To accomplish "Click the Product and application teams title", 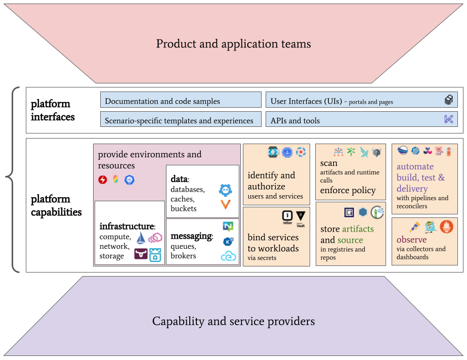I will [233, 44].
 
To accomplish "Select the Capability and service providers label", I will [233, 321].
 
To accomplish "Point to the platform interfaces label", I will [53, 110].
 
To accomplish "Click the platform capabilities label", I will [56, 205].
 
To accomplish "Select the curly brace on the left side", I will [13, 179].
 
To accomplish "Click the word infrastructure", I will [126, 226].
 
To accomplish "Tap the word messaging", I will [191, 236].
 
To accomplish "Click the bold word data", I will [179, 179].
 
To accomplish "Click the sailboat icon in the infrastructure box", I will [141, 237].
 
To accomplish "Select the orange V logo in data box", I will [225, 204].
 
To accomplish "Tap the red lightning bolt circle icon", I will [103, 179].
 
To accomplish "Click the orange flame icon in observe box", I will [446, 227].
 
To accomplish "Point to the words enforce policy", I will [348, 190].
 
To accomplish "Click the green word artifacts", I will [358, 229].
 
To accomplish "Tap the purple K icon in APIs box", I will [448, 119].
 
